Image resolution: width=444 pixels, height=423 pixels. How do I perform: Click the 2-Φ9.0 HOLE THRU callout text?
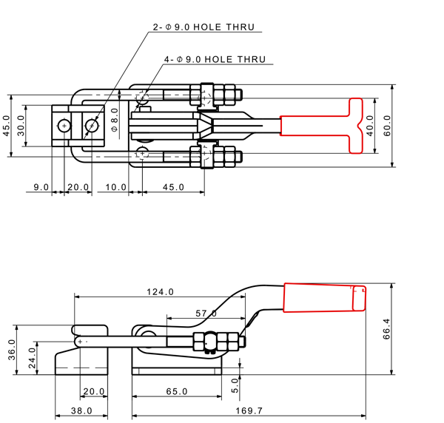(203, 27)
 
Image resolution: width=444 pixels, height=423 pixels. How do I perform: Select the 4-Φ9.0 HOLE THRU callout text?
(215, 59)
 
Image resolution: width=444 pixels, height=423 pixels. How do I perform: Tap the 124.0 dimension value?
(160, 291)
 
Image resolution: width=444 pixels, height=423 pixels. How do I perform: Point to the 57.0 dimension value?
(206, 314)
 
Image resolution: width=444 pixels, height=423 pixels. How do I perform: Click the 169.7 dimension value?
(249, 410)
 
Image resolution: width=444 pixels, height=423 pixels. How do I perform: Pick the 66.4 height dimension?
(386, 329)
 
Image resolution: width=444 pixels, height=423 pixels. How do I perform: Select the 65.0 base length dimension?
(177, 391)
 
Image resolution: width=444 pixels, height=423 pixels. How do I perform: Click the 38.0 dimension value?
(81, 410)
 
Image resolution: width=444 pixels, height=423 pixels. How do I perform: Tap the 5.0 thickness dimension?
(235, 385)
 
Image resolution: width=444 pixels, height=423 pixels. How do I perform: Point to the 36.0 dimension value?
(12, 350)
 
